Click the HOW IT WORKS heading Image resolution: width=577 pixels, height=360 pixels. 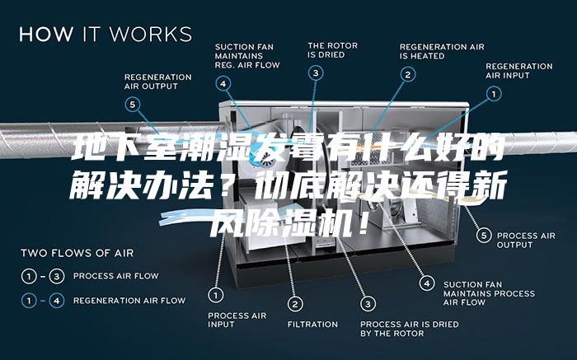106,34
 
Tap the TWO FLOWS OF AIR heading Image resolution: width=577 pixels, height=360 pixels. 77,253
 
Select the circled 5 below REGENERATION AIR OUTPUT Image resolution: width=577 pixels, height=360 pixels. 133,105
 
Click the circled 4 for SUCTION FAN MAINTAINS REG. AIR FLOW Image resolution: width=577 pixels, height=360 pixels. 223,83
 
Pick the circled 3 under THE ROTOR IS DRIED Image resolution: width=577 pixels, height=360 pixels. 316,72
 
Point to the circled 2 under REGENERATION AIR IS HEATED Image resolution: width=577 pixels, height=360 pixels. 408,75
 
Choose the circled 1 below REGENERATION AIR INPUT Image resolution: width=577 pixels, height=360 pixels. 494,94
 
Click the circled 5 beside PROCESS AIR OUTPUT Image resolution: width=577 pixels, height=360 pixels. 484,236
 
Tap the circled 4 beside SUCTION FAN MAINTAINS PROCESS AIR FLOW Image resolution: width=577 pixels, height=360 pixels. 427,283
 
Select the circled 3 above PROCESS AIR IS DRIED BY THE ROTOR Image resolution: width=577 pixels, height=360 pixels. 368,304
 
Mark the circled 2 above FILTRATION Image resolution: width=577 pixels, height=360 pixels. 295,304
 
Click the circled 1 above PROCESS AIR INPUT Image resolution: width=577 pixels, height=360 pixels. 216,295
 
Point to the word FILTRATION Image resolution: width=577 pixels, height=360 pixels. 312,325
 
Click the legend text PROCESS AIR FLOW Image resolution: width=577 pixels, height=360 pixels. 116,276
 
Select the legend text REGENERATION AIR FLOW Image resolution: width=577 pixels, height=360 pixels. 129,301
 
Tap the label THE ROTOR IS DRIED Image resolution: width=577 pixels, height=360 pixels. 333,50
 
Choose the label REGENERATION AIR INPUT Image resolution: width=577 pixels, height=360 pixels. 518,71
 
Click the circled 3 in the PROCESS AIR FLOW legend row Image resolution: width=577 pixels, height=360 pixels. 57,276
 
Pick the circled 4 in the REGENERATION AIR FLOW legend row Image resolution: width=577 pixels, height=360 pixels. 57,301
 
